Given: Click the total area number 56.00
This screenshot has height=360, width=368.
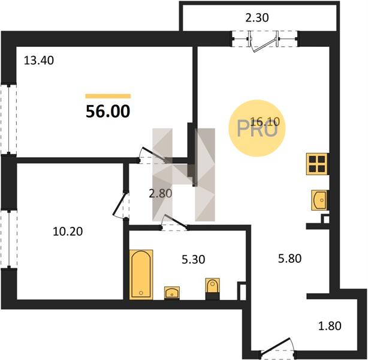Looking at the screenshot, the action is pyautogui.click(x=108, y=112).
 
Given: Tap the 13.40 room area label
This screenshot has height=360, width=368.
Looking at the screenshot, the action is pyautogui.click(x=39, y=61).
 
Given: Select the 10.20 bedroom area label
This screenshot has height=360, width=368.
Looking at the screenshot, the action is pyautogui.click(x=68, y=232).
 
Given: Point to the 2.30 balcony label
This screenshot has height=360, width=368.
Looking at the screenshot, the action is pyautogui.click(x=257, y=17).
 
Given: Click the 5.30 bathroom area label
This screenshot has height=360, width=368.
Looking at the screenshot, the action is pyautogui.click(x=194, y=259).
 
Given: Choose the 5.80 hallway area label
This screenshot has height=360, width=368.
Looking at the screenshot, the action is pyautogui.click(x=290, y=259).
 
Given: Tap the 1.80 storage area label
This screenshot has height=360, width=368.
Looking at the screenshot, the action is pyautogui.click(x=330, y=326).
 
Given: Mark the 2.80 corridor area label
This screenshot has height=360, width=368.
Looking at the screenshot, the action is pyautogui.click(x=161, y=194).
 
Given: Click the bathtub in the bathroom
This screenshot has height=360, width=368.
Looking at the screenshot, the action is pyautogui.click(x=141, y=275).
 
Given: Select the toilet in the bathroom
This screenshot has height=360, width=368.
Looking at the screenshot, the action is pyautogui.click(x=213, y=289).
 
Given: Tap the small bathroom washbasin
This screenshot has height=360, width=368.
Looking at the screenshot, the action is pyautogui.click(x=172, y=293).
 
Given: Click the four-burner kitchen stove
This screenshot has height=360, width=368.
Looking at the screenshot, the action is pyautogui.click(x=317, y=164).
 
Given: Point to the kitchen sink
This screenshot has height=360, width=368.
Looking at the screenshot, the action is pyautogui.click(x=319, y=200).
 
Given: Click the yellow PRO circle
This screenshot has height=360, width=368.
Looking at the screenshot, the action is pyautogui.click(x=257, y=128).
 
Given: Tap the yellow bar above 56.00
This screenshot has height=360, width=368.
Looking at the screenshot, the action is pyautogui.click(x=108, y=96).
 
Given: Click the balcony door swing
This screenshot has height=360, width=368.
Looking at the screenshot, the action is pyautogui.click(x=263, y=44).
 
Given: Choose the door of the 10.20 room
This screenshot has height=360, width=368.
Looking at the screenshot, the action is pyautogui.click(x=120, y=205).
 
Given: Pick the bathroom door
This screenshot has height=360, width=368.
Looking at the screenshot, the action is pyautogui.click(x=174, y=222).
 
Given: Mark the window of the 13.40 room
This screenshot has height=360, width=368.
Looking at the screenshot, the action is pyautogui.click(x=8, y=119).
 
